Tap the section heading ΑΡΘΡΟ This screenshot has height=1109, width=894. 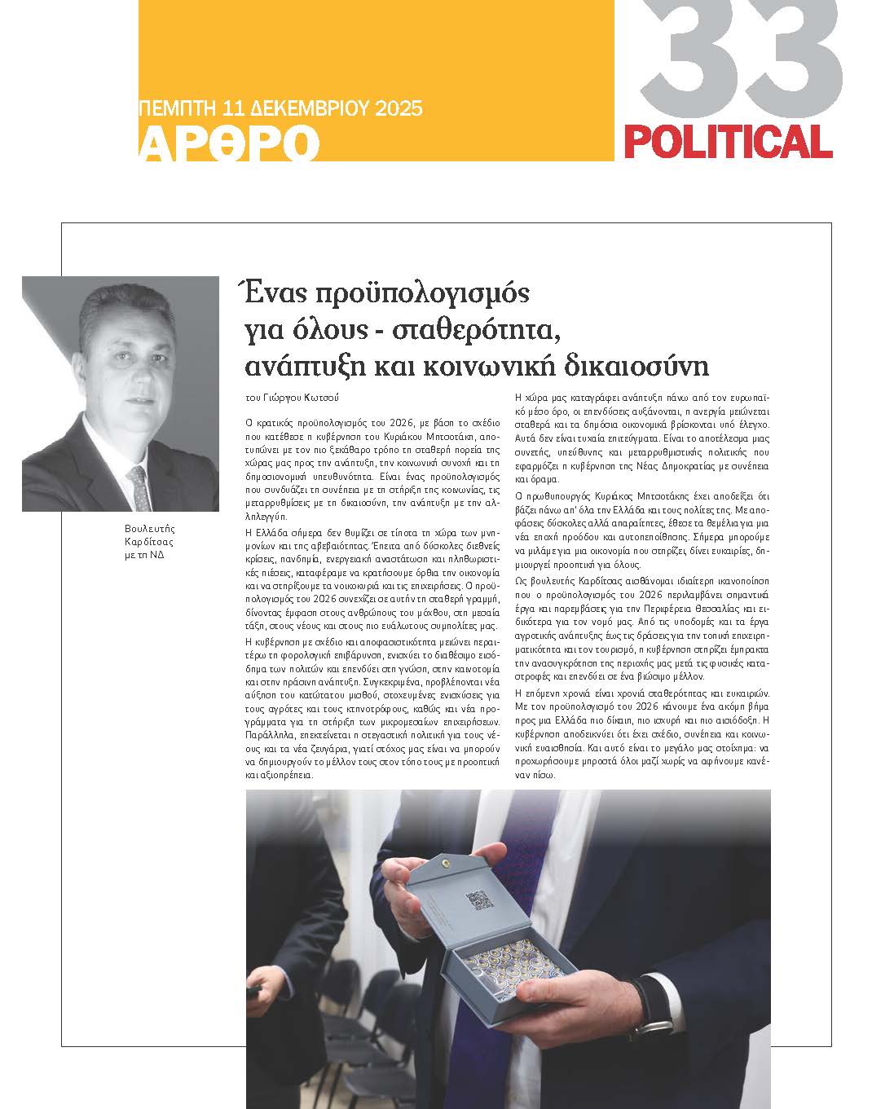coord(229,144)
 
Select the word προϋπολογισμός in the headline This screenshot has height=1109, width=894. coord(421,292)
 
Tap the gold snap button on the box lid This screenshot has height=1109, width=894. coord(444,860)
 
